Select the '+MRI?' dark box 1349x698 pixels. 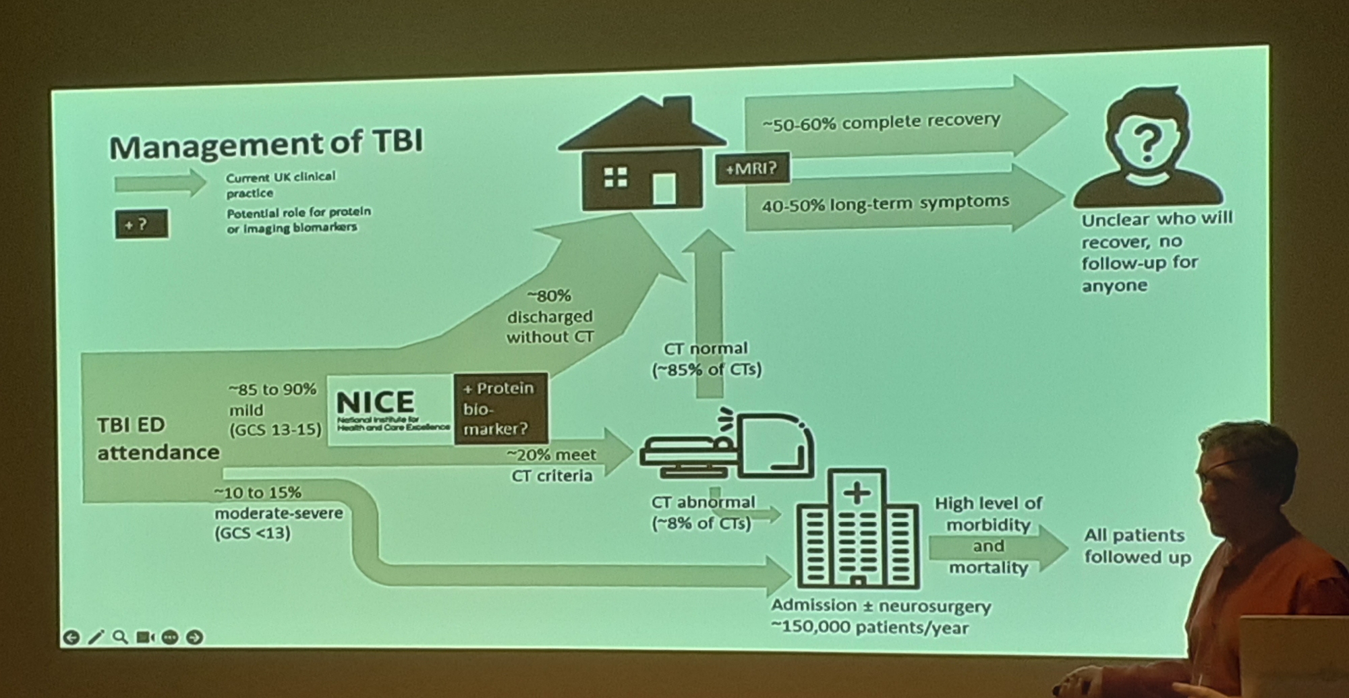751,169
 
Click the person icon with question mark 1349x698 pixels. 1147,147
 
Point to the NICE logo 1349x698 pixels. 390,409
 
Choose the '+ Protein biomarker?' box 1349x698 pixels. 500,409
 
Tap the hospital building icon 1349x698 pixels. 857,529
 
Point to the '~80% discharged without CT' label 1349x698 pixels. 550,316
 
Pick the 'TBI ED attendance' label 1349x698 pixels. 158,438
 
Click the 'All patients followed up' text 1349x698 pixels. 1137,546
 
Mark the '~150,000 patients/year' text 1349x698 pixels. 869,628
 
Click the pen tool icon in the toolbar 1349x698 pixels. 96,637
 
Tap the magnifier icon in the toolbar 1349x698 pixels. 120,637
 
